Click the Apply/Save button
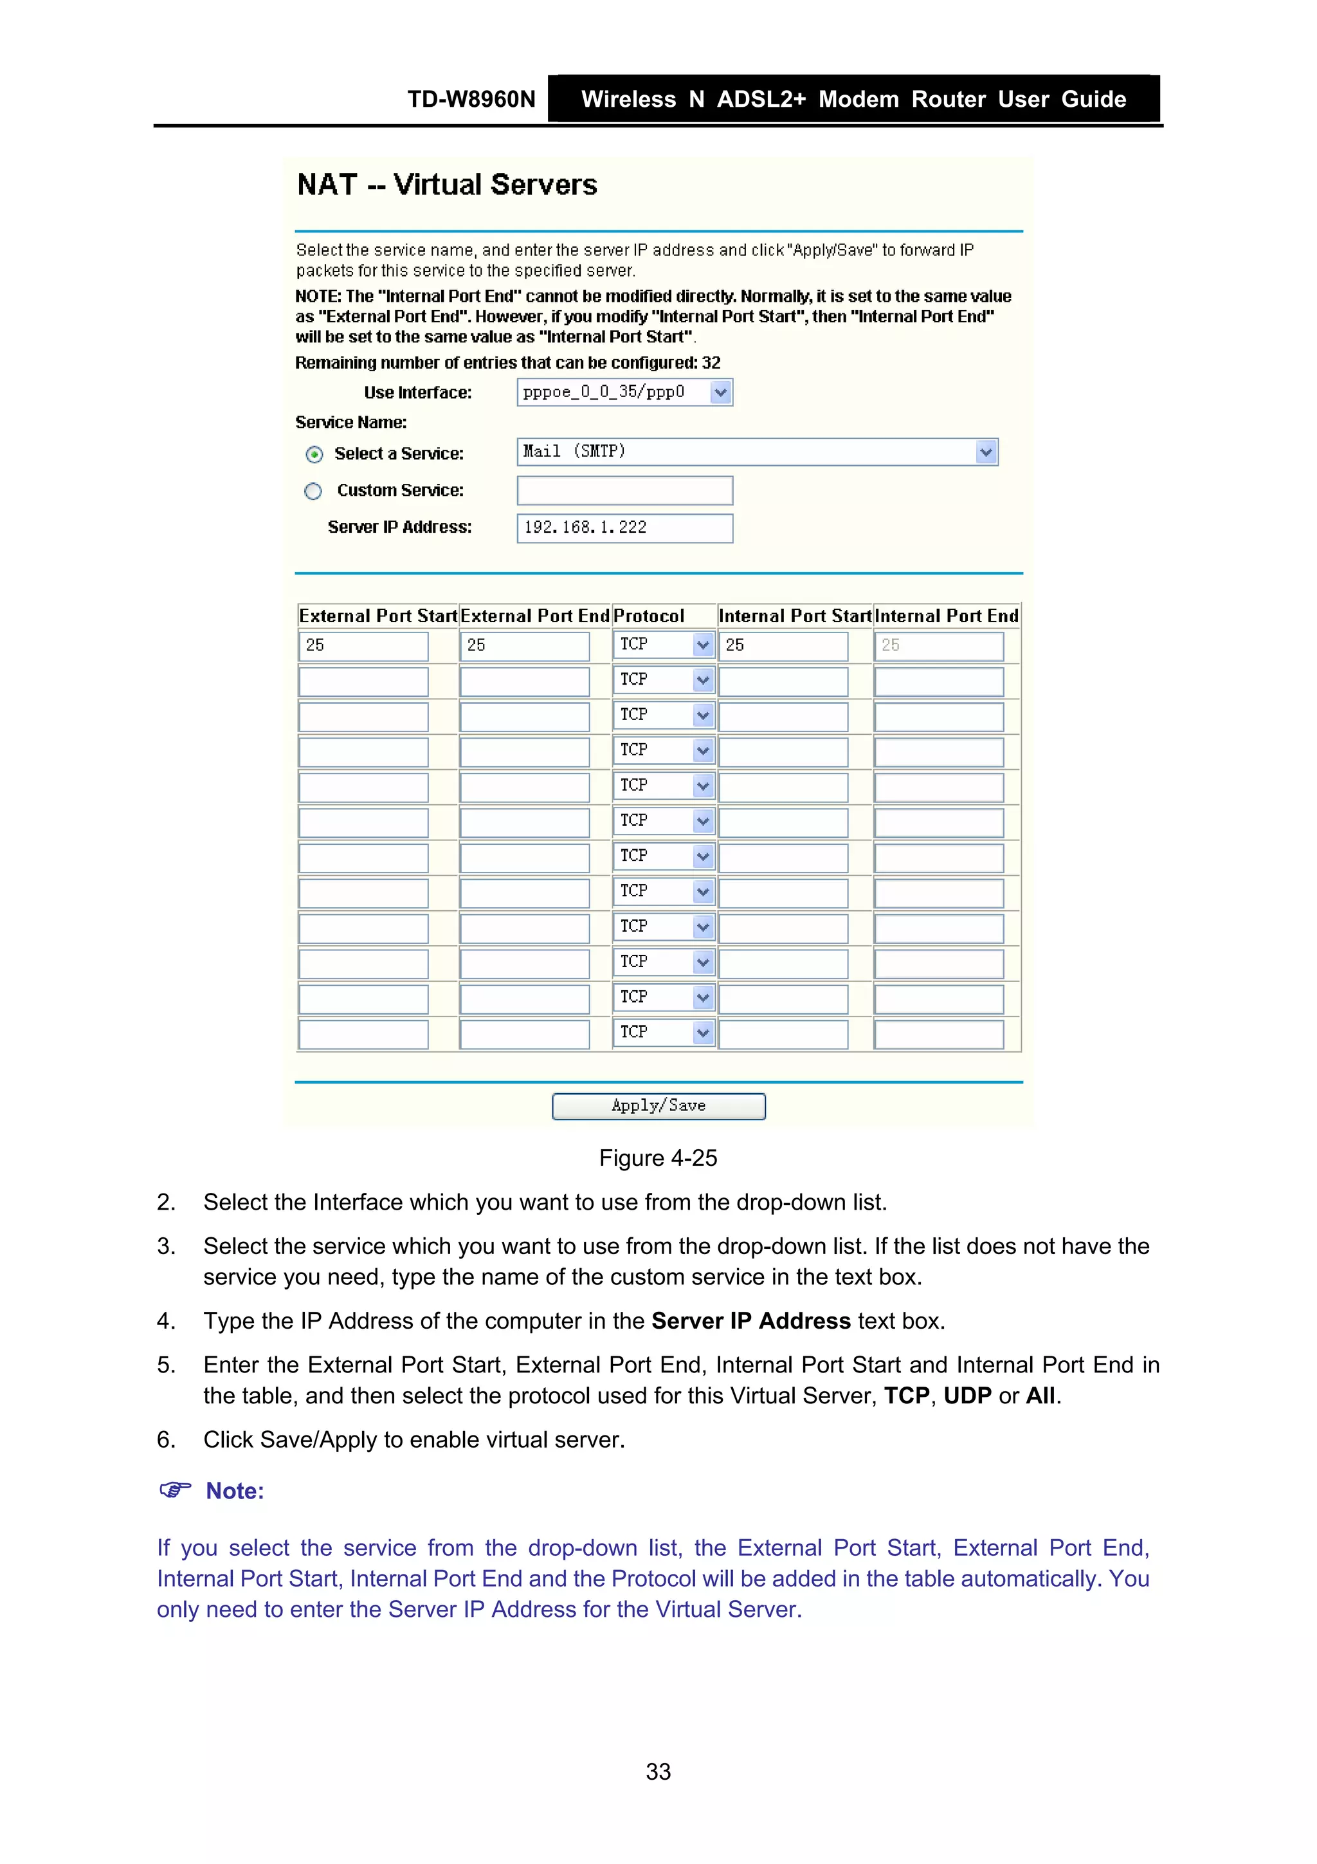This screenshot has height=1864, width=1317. pyautogui.click(x=658, y=1106)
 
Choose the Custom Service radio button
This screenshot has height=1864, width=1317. pyautogui.click(x=313, y=491)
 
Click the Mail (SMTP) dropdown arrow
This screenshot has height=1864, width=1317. pyautogui.click(x=985, y=452)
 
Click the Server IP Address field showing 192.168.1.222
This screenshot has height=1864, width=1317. pyautogui.click(x=624, y=528)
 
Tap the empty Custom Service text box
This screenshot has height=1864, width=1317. pyautogui.click(x=624, y=490)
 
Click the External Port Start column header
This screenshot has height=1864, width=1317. pyautogui.click(x=377, y=616)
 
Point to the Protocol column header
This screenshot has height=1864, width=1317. pyautogui.click(x=648, y=616)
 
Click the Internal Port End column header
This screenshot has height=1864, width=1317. pyautogui.click(x=946, y=616)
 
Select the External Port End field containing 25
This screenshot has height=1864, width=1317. pyautogui.click(x=524, y=645)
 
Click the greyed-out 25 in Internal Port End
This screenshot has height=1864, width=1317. pyautogui.click(x=938, y=645)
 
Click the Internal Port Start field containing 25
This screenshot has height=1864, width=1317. pyautogui.click(x=782, y=645)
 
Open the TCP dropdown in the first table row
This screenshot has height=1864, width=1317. pyautogui.click(x=703, y=645)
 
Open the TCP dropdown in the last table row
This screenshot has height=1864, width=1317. pyautogui.click(x=703, y=1033)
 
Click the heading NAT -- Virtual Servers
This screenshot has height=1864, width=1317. pyautogui.click(x=447, y=185)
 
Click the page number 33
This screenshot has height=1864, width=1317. pyautogui.click(x=658, y=1771)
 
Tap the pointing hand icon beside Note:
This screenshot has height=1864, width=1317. pyautogui.click(x=174, y=1490)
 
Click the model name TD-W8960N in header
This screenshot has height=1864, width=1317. pyautogui.click(x=471, y=100)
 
